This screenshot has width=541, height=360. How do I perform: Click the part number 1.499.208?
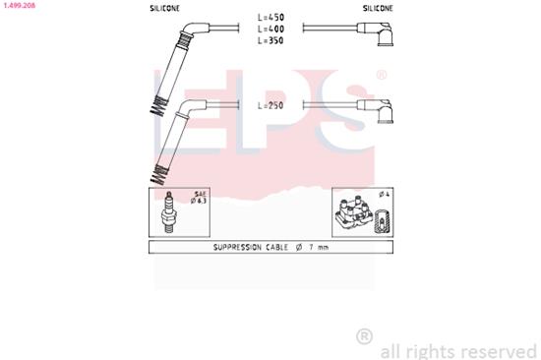[22, 5]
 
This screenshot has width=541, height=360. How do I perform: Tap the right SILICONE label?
[378, 7]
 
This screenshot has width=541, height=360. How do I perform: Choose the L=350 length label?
[270, 42]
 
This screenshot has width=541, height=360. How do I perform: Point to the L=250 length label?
[270, 104]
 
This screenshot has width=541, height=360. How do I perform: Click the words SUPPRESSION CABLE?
[251, 248]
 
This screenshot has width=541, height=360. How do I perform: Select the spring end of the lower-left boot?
[156, 177]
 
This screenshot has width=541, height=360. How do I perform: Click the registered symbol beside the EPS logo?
[382, 75]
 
